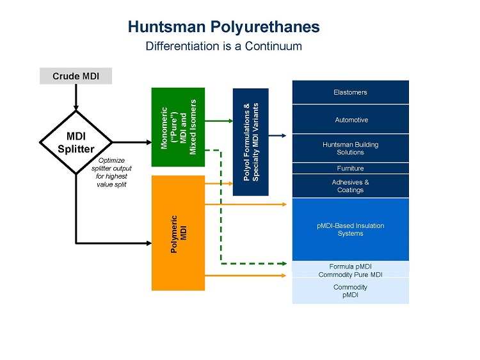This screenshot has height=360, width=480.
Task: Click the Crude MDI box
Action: [x=76, y=76]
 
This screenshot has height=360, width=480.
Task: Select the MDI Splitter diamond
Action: [x=76, y=141]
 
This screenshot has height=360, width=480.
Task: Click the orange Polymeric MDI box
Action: [x=178, y=233]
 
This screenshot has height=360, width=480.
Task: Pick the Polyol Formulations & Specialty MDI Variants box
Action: [x=250, y=141]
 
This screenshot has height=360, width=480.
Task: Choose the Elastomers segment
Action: [x=350, y=92]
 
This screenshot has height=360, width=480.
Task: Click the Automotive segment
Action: [x=350, y=120]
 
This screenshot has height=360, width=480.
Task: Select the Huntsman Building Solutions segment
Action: [x=350, y=148]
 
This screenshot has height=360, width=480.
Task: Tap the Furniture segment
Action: [x=350, y=168]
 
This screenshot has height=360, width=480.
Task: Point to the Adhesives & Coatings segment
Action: [x=350, y=186]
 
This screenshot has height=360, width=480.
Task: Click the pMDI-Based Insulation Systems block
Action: [x=350, y=229]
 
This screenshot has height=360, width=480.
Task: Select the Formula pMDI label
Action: [x=350, y=266]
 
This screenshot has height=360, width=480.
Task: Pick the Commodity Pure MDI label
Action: [x=350, y=274]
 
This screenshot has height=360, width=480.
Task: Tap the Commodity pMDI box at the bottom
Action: [x=350, y=291]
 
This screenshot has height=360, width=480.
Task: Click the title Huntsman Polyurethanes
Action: [x=223, y=27]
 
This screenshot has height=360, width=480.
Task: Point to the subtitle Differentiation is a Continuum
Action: [x=223, y=46]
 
